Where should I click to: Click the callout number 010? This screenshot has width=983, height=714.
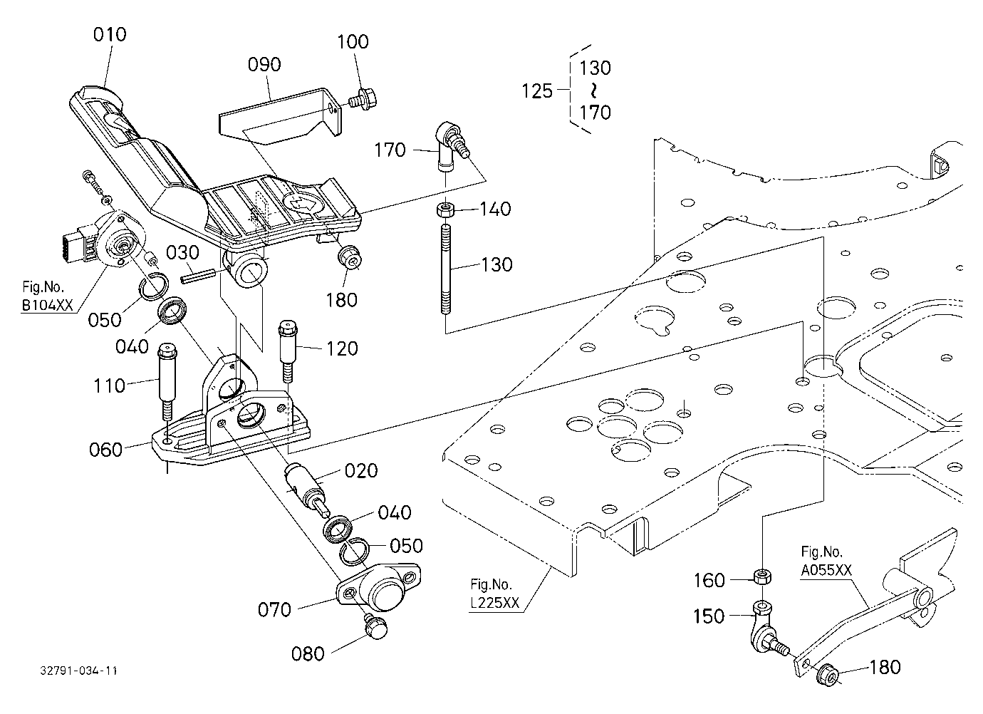click(110, 34)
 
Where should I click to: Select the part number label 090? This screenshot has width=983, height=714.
click(264, 65)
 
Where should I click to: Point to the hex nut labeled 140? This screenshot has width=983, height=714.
click(447, 209)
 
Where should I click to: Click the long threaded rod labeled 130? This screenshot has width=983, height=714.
click(446, 269)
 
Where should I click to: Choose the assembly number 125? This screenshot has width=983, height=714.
click(536, 91)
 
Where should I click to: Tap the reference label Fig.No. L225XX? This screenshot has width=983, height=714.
click(494, 594)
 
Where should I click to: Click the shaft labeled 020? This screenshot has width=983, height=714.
click(306, 487)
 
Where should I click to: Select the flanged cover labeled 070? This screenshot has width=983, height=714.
click(378, 587)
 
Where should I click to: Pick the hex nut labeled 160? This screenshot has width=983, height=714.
click(763, 576)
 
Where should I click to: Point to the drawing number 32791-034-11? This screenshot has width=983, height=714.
click(79, 671)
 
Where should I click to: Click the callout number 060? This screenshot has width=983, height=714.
click(105, 449)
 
